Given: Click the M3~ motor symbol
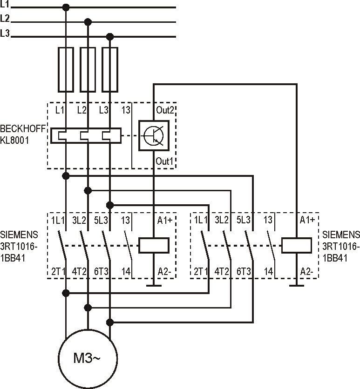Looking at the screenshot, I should click(87, 358).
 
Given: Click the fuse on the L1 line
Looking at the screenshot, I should click(66, 69).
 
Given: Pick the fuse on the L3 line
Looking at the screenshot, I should click(109, 69).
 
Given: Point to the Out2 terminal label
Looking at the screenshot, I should click(164, 110).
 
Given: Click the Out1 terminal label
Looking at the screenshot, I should click(164, 161).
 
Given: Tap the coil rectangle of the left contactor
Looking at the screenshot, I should click(153, 245).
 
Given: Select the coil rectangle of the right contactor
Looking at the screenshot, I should click(296, 245).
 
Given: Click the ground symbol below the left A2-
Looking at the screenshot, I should click(153, 285).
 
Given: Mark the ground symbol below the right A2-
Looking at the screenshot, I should click(296, 285).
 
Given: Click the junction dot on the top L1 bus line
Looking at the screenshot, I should click(66, 7).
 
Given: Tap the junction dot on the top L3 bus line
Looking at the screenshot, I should click(109, 36).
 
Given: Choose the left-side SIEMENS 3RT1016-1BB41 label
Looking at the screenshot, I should click(19, 245).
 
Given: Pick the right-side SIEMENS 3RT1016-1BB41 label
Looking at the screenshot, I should click(341, 245).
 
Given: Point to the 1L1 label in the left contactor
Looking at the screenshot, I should click(58, 220).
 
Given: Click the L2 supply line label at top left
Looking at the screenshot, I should click(5, 19).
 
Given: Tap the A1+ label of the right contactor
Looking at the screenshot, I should click(307, 220).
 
